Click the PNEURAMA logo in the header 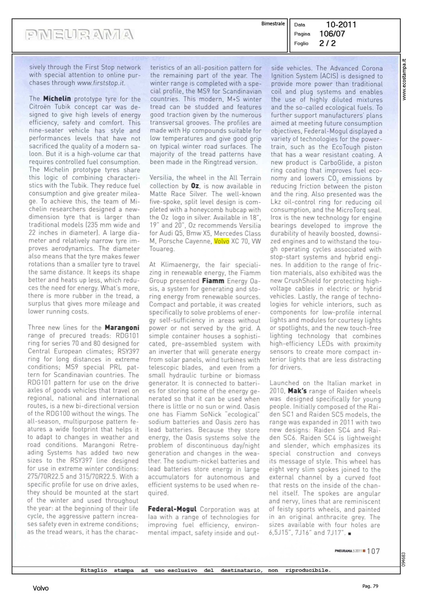pos(79,35)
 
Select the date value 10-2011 pos(341,25)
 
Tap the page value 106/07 pos(332,34)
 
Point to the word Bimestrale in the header pos(273,24)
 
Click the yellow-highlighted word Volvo pos(221,241)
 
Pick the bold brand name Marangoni pos(122,328)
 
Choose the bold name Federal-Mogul pos(172,509)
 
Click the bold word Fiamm pos(213,281)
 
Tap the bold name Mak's pos(297,391)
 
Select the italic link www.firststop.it pos(101,83)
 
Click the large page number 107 pos(373,551)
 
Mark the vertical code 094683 pos(404,559)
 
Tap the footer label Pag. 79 pos(370,586)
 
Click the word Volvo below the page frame pos(41,588)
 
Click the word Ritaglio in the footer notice pos(94,570)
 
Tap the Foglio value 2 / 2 pos(327,43)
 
